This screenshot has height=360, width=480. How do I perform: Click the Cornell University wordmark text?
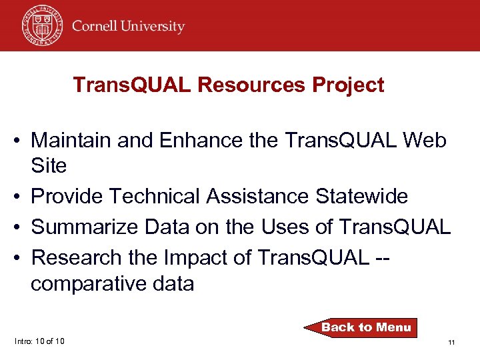[x=128, y=27]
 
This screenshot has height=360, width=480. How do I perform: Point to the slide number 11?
[x=451, y=342]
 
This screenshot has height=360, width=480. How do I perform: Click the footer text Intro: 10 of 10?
[x=39, y=341]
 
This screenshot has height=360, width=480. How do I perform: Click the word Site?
[x=49, y=166]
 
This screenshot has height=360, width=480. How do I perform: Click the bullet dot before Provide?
[x=21, y=197]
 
